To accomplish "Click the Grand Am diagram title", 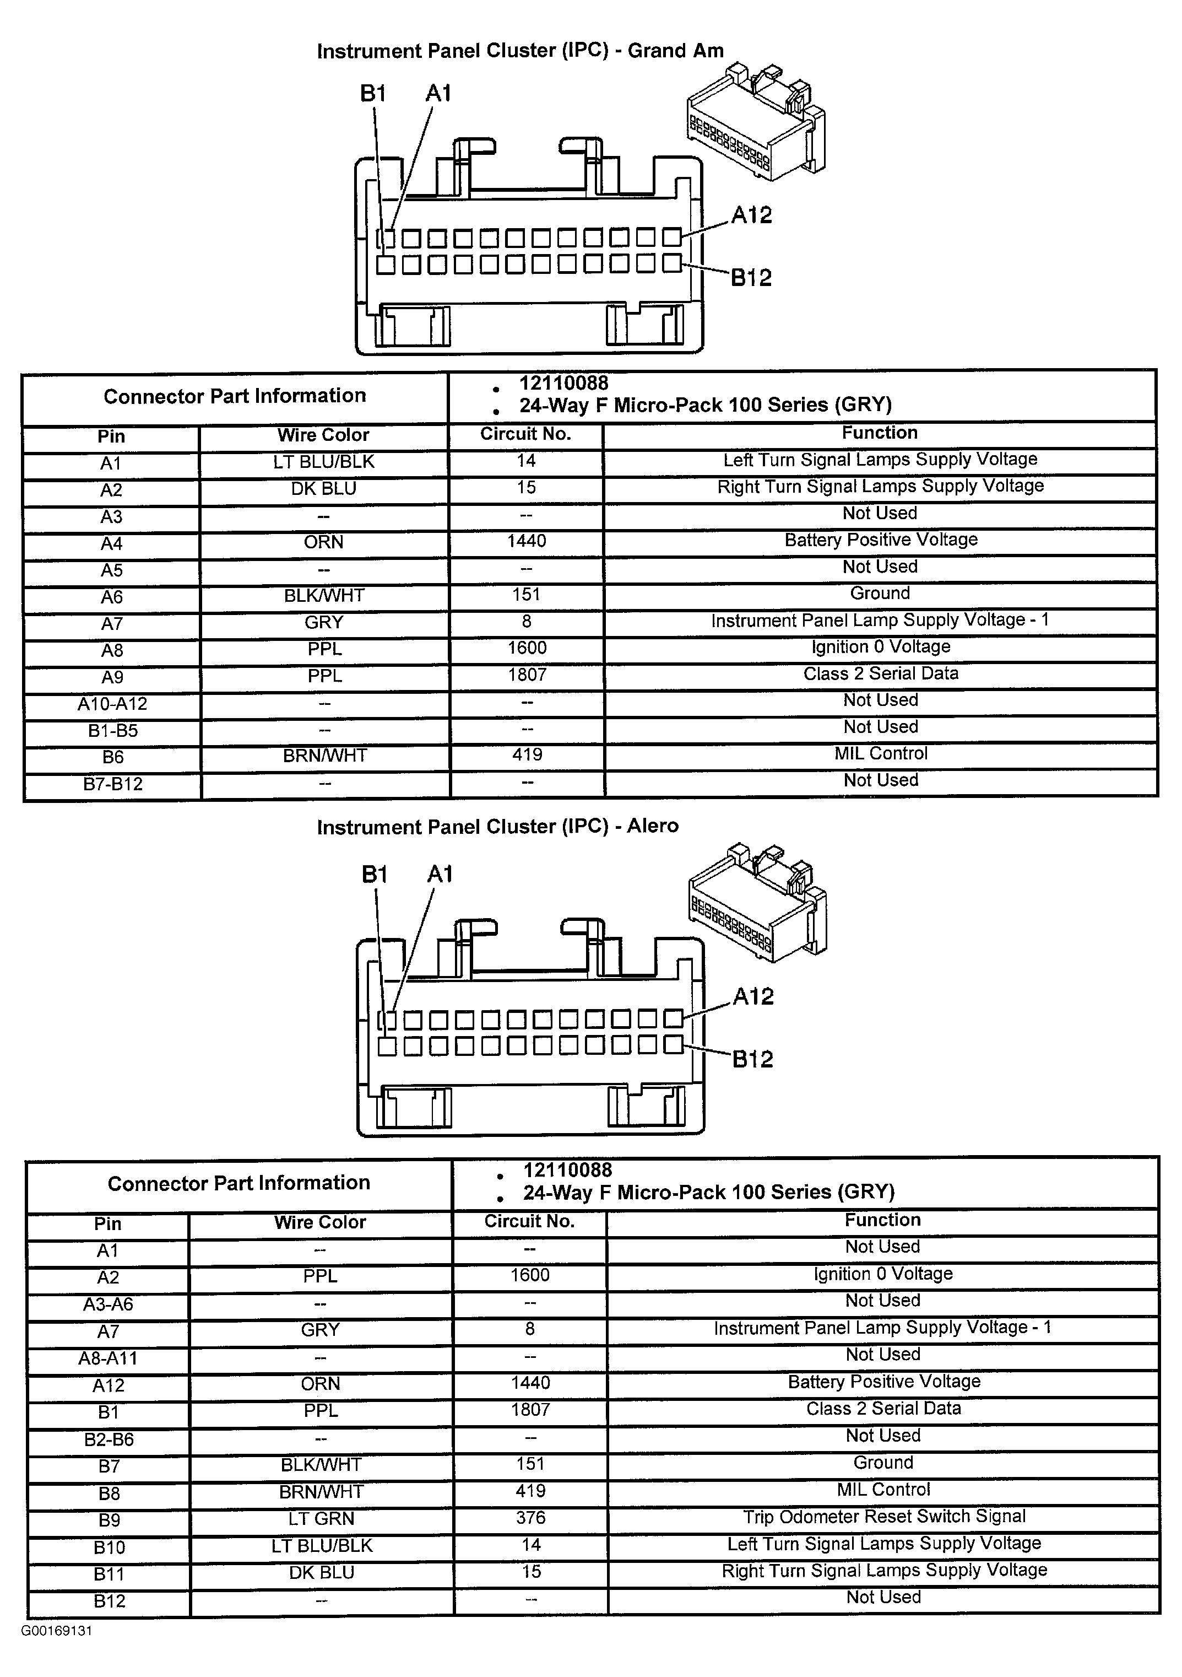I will pos(520,51).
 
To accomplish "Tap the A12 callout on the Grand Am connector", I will pos(751,215).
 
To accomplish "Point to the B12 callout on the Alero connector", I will pos(753,1059).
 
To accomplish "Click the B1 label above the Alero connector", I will pos(375,874).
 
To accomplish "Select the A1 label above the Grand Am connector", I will pos(439,94).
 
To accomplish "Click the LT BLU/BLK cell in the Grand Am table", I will pos(323,462).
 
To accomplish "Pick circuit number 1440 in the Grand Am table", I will pos(527,541).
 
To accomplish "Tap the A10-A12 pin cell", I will pos(112,704).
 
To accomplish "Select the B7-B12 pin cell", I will pos(112,784).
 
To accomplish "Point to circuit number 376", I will pos(531,1518).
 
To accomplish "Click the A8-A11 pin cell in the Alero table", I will pos(108,1358).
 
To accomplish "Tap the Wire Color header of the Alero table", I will pos(320,1223).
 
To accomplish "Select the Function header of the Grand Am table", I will pos(879,433).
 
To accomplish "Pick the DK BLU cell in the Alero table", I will pos(321,1572).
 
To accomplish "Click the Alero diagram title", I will pos(497,827).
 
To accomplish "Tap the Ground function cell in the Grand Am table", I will pos(880,594).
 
